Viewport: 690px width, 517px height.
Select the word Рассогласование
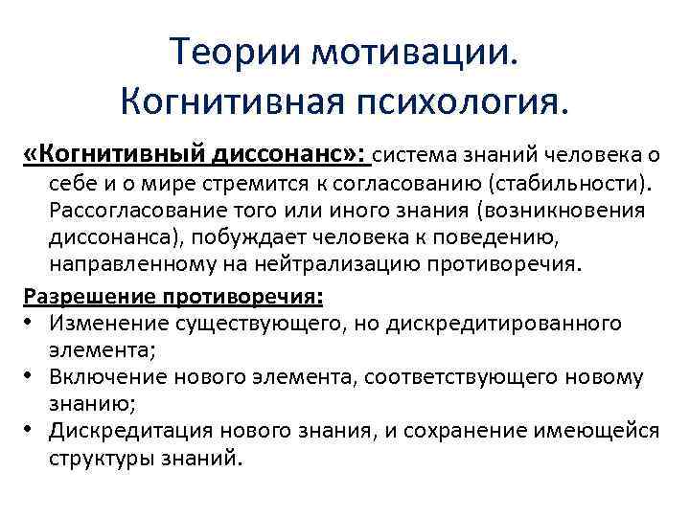143,210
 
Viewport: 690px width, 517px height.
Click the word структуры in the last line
100,459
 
